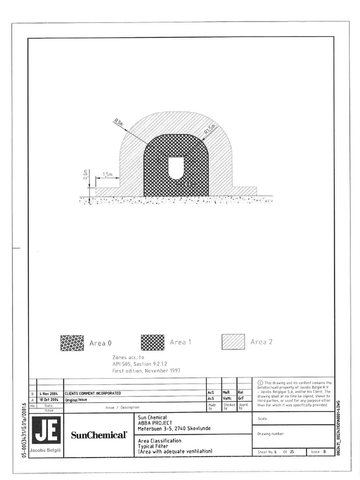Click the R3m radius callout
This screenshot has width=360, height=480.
coord(119,124)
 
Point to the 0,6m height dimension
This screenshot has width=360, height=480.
coord(85,175)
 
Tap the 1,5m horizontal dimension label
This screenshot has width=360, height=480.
coord(107,174)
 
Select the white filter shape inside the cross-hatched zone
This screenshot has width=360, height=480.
coord(176,167)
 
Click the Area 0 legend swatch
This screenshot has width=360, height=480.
coord(72,343)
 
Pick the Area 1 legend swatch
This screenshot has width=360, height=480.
coord(152,343)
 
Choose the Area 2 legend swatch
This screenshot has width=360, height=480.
coord(233,342)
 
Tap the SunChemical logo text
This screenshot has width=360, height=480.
coord(99,435)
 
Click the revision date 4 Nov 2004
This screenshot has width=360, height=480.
coord(48,393)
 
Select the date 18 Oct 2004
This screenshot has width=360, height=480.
coord(48,399)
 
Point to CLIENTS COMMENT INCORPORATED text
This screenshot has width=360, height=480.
coord(93,393)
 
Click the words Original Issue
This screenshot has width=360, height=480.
coord(76,400)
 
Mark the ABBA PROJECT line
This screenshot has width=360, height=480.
coord(155,423)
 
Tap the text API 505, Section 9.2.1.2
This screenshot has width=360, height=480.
coord(139,364)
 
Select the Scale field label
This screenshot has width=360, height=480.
coord(262,419)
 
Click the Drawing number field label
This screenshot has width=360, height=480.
coord(271,434)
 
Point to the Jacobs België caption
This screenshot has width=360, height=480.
coord(46,450)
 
